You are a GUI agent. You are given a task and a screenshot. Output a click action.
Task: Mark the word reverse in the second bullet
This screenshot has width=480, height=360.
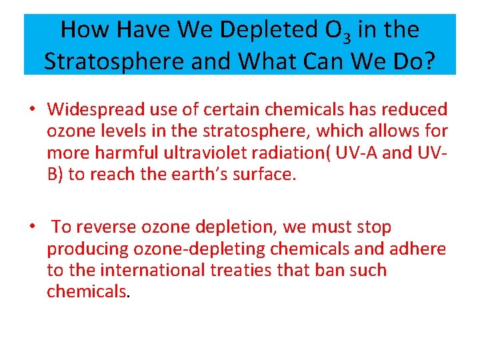click(108, 227)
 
